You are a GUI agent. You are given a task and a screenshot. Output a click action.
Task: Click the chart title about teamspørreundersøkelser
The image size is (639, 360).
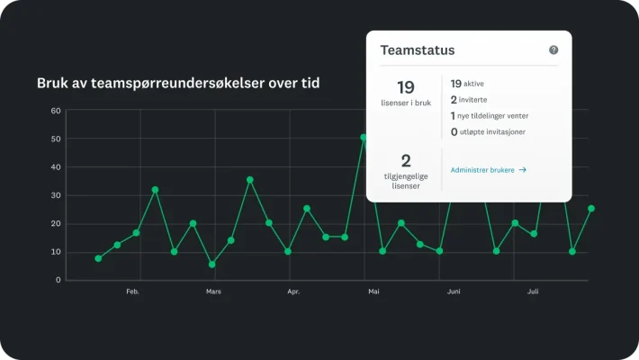(x=178, y=83)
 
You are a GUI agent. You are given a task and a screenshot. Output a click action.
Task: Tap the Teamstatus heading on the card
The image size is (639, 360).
(x=418, y=50)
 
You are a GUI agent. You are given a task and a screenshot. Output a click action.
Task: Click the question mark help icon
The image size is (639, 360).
(x=553, y=50)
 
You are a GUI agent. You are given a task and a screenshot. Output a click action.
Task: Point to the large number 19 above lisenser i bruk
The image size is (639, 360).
(x=406, y=87)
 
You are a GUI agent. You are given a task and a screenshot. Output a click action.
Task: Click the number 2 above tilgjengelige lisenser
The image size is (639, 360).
(x=406, y=161)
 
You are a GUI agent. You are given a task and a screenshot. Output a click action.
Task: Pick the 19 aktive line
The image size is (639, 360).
(x=473, y=83)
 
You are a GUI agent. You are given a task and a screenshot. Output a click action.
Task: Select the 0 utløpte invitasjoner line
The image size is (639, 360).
(x=488, y=131)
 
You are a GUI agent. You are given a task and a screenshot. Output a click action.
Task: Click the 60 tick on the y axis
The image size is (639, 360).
(x=56, y=111)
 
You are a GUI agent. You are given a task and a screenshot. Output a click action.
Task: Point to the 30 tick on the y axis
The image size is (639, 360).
(x=56, y=195)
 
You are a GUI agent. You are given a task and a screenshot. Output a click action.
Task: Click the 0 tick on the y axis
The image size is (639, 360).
(x=58, y=280)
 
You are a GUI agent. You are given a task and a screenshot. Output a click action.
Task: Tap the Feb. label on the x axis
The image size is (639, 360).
(x=132, y=292)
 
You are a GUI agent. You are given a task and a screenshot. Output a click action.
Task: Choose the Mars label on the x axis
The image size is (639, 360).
(x=213, y=292)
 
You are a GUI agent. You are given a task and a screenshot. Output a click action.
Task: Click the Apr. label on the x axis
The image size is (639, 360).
(x=293, y=292)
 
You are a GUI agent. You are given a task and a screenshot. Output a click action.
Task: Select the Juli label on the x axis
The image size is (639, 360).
(x=533, y=292)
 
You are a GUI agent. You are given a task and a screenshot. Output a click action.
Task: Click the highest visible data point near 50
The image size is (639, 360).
(x=364, y=138)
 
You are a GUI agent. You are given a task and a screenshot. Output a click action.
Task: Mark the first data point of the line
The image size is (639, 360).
(x=98, y=258)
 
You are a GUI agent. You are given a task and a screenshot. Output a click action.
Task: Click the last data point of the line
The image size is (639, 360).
(x=591, y=208)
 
